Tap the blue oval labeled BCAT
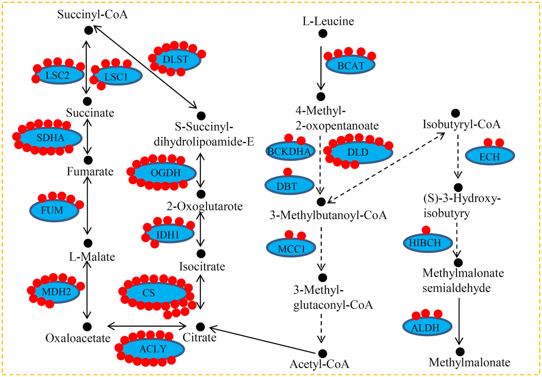(350, 66)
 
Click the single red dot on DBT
(287, 172)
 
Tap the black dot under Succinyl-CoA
(88, 30)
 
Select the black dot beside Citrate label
(200, 326)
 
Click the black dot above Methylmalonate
(460, 351)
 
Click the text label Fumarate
(90, 172)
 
